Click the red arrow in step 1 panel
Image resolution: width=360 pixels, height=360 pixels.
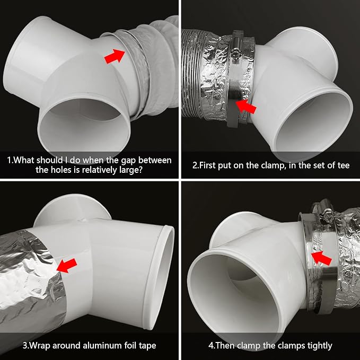coord(115,56)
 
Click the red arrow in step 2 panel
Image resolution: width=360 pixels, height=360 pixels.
coord(246,106)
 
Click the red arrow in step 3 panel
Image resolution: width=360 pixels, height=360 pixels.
coord(67,266)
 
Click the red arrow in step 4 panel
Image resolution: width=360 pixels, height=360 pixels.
coord(321,258)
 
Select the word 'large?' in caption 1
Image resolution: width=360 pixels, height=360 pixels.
coord(131,170)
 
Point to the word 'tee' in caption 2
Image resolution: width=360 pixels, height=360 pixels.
coord(343,165)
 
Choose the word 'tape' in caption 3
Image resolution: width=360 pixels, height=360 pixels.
coord(147,346)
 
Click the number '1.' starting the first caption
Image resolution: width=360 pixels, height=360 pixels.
coord(10,160)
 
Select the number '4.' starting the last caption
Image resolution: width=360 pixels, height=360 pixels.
coord(212,346)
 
